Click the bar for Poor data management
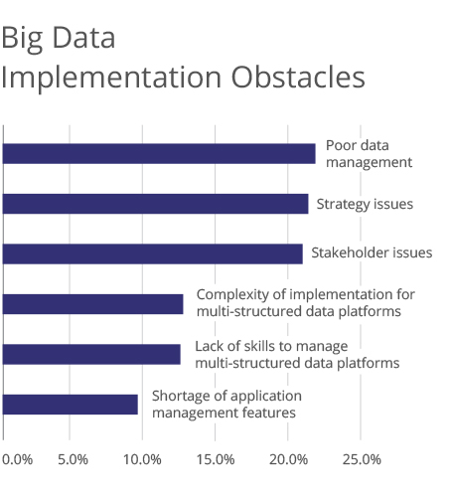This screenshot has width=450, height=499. [x=159, y=154]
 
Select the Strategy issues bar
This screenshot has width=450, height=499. [x=155, y=204]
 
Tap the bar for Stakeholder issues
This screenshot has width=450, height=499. [x=153, y=253]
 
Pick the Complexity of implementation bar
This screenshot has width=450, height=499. [x=92, y=304]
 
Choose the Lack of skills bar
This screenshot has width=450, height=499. [x=91, y=354]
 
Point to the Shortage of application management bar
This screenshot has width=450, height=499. [x=71, y=405]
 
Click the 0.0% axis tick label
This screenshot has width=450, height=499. [x=17, y=459]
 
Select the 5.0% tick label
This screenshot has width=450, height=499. [x=73, y=459]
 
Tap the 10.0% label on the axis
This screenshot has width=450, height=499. [x=142, y=459]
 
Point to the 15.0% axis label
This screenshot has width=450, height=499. [x=216, y=459]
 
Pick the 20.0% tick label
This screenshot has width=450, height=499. [x=288, y=459]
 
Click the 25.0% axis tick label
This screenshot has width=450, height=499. [x=362, y=459]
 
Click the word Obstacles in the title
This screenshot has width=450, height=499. [x=298, y=78]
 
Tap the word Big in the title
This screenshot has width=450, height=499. [x=22, y=39]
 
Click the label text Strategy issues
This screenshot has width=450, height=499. [x=365, y=205]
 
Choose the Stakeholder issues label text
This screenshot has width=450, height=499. [x=372, y=252]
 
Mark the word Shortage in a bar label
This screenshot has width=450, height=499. [x=178, y=397]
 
